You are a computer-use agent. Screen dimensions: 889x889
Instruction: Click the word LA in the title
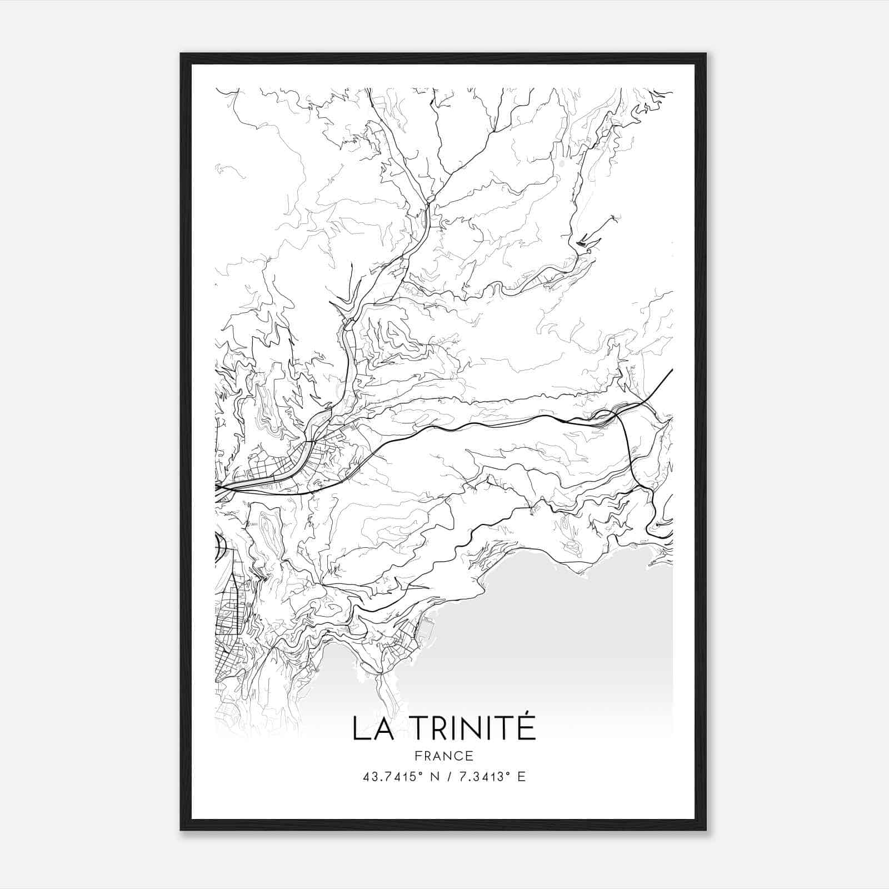(x=372, y=728)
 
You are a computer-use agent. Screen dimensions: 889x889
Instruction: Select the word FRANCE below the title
(x=444, y=756)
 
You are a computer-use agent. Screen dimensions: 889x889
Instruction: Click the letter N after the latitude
(x=434, y=777)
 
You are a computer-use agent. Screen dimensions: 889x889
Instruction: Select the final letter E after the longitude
(x=521, y=777)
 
